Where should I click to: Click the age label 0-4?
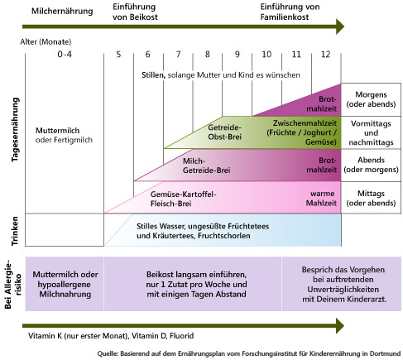pos(65,54)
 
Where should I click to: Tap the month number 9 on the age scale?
pos(237,54)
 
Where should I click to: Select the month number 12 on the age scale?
pos(325,54)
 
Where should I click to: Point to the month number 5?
pos(118,54)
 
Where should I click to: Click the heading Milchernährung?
pos(62,11)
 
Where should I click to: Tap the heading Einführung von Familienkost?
pos(290,12)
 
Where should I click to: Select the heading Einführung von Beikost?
pos(135,12)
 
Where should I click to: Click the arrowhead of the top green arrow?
pos(340,26)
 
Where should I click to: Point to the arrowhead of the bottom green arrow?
pos(340,326)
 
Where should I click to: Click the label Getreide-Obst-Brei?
pos(225,132)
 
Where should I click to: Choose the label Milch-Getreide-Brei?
pos(206,166)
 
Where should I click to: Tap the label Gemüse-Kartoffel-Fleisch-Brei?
pos(184,199)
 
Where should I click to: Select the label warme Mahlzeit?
pos(321,199)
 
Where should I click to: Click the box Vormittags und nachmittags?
pos(371,132)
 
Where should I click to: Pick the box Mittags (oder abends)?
pos(371,198)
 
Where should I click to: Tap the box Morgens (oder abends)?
pos(371,99)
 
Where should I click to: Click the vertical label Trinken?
pos(15,231)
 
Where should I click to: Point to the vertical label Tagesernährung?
pos(15,130)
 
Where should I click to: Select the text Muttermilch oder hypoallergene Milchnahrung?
pos(65,284)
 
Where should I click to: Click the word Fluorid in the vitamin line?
pos(181,336)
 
